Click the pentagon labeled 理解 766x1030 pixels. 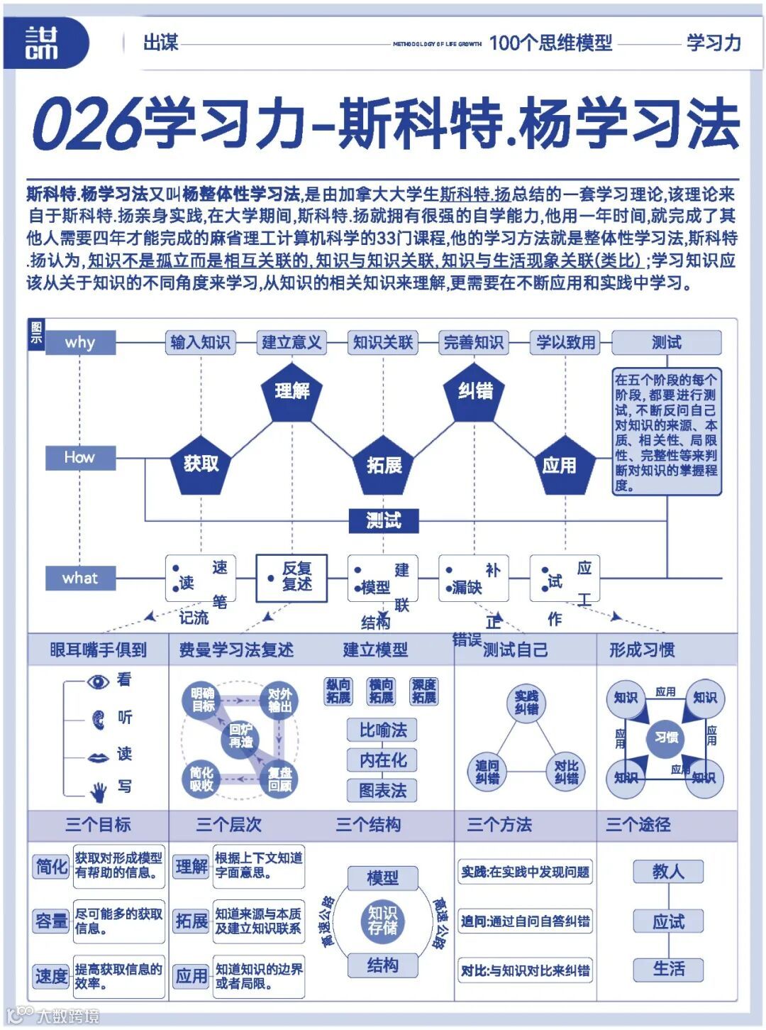[x=292, y=392]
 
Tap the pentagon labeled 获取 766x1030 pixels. [x=201, y=465]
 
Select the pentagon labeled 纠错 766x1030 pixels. [x=475, y=392]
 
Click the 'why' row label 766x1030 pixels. [x=80, y=343]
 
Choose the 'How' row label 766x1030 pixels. [x=80, y=458]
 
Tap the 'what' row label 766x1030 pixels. [x=80, y=579]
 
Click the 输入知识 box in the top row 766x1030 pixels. [x=201, y=343]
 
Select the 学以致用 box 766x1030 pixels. [x=565, y=343]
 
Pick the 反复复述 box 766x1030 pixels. [x=292, y=578]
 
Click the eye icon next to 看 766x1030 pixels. [x=99, y=681]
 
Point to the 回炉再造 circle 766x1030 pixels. [x=241, y=736]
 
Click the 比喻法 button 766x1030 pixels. [x=383, y=730]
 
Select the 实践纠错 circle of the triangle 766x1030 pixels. [x=526, y=703]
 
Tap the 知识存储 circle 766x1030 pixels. [x=383, y=921]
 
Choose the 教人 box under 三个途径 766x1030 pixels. [x=668, y=872]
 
